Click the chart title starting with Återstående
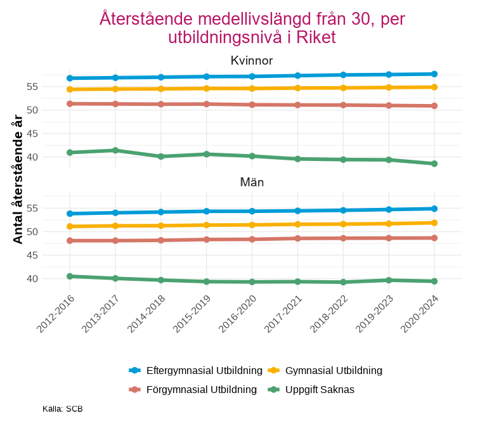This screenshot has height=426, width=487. click(252, 28)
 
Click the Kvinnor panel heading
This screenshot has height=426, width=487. click(252, 61)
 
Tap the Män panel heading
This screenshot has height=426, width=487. click(252, 182)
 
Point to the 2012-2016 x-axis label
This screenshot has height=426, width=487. click(56, 313)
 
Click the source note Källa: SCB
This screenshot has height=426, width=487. click(63, 409)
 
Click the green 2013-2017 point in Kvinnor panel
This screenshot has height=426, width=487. click(115, 150)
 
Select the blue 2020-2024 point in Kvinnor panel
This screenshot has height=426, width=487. click(434, 74)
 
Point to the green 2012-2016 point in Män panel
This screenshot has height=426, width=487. click(70, 276)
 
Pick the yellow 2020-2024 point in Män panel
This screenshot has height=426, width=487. click(434, 223)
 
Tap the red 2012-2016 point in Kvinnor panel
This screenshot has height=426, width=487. click(70, 103)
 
